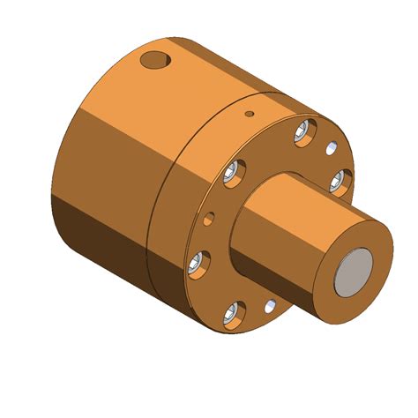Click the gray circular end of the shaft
(x=358, y=270)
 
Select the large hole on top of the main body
(x=155, y=61)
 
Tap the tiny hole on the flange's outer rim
(x=249, y=114)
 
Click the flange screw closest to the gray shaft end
(x=340, y=182)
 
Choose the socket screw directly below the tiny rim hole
(x=235, y=173)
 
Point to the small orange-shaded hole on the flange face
(x=209, y=216)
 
